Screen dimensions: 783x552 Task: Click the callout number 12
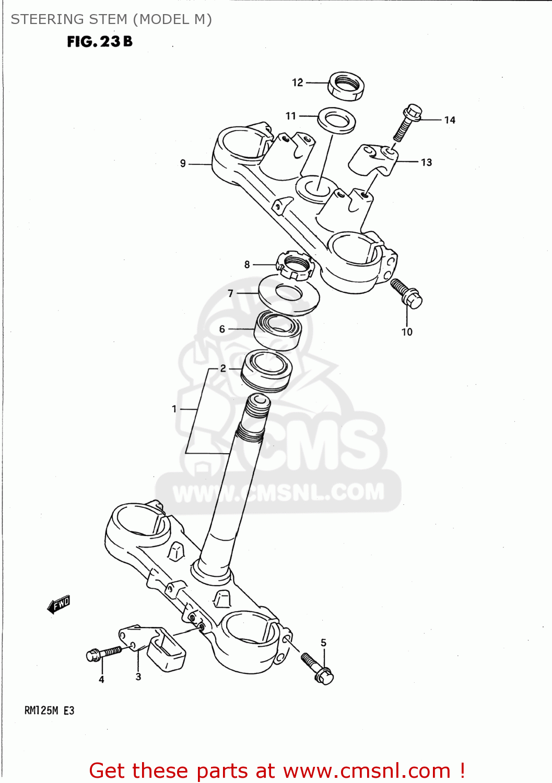(x=297, y=82)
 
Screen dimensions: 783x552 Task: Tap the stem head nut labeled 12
(x=346, y=86)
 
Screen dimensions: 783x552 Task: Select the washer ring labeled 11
(x=337, y=121)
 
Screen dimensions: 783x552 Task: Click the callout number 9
(x=183, y=163)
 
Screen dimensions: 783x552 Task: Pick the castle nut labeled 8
(x=295, y=265)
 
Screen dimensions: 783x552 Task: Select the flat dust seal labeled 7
(x=289, y=295)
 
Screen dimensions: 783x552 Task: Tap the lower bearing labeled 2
(x=266, y=371)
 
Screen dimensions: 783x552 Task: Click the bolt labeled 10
(x=407, y=293)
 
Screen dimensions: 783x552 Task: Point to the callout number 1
(x=174, y=409)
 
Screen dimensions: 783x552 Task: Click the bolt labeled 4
(x=103, y=653)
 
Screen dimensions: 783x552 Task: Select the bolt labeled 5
(x=317, y=669)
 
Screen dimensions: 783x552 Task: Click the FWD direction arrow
(x=59, y=604)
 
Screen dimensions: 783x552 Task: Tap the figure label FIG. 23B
(x=100, y=42)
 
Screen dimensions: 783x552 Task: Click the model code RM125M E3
(x=50, y=710)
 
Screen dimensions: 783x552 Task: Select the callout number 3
(x=138, y=677)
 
